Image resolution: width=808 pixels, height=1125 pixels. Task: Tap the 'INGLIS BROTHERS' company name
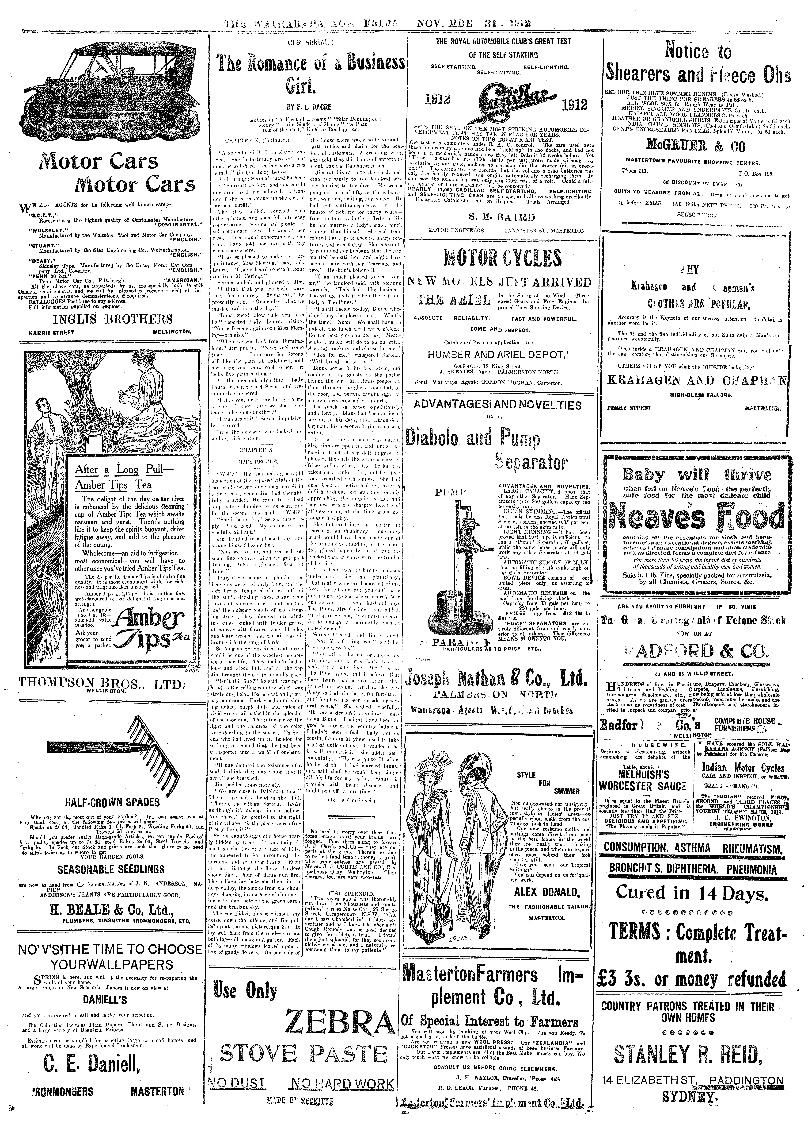106,318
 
